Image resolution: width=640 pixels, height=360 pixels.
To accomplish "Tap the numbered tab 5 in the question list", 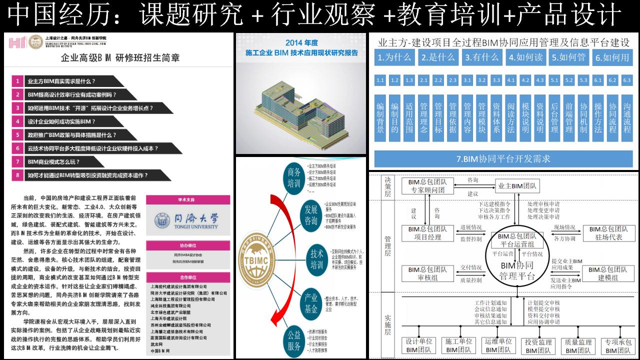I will (x=17, y=135).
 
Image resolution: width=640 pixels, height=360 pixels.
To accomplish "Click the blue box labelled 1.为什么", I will (x=394, y=57).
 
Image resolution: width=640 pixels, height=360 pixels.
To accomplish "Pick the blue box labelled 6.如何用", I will (x=611, y=57).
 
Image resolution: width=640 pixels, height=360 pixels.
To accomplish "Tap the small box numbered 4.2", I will (x=525, y=80).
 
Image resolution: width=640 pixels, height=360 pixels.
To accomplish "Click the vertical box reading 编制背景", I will (x=380, y=117).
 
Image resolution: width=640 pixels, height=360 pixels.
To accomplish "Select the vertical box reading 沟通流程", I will (x=627, y=117).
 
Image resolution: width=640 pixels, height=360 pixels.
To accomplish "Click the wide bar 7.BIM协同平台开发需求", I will (x=503, y=159).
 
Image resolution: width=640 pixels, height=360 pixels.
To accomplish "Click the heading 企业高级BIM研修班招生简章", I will (x=120, y=57).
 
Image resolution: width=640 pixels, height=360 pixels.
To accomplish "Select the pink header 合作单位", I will (x=187, y=276).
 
